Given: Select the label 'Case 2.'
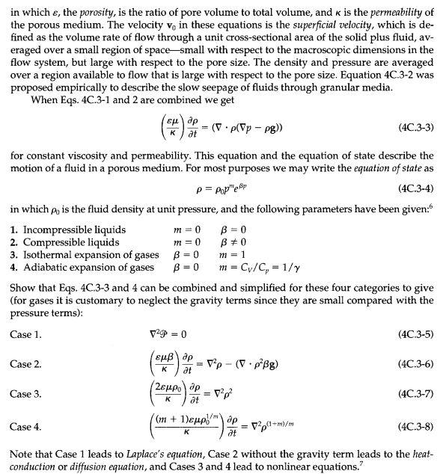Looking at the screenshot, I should coord(26,364).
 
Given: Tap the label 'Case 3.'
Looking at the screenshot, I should coord(26,394).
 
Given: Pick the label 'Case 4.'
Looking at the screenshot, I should coord(26,428).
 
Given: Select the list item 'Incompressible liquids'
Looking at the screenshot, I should coord(74,230).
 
